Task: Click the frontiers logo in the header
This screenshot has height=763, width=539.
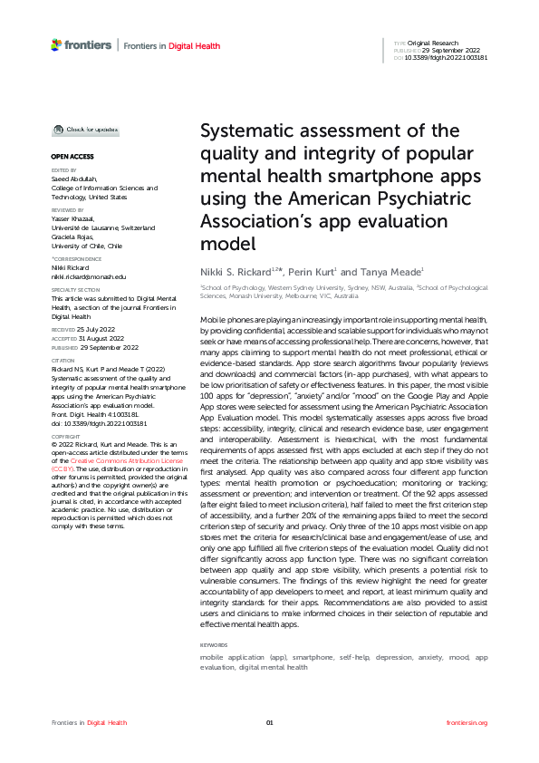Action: pyautogui.click(x=82, y=44)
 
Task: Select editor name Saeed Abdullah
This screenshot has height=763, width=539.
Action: pyautogui.click(x=75, y=179)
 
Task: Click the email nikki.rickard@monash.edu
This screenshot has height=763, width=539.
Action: pyautogui.click(x=88, y=275)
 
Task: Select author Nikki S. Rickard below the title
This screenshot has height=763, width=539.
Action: pyautogui.click(x=234, y=272)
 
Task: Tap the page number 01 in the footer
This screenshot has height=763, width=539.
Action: pyautogui.click(x=269, y=722)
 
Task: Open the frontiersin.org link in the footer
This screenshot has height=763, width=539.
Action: pyautogui.click(x=467, y=722)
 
